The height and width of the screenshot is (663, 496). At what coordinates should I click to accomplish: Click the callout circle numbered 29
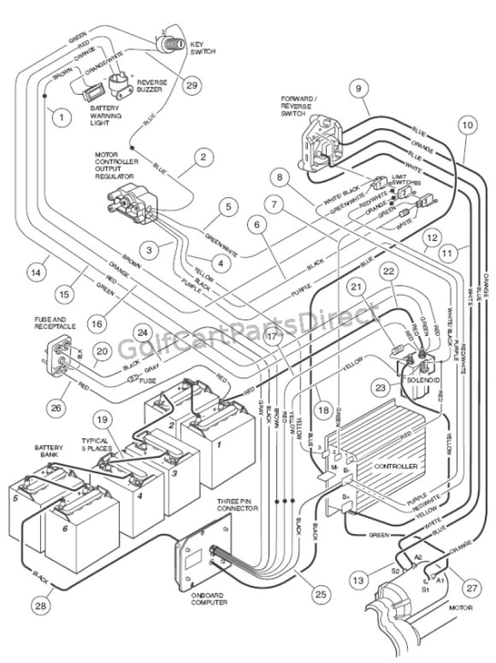tap(193, 86)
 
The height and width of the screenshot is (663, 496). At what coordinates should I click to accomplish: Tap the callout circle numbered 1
tap(62, 116)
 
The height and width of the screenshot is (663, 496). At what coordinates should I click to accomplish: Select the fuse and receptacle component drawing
tap(54, 358)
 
